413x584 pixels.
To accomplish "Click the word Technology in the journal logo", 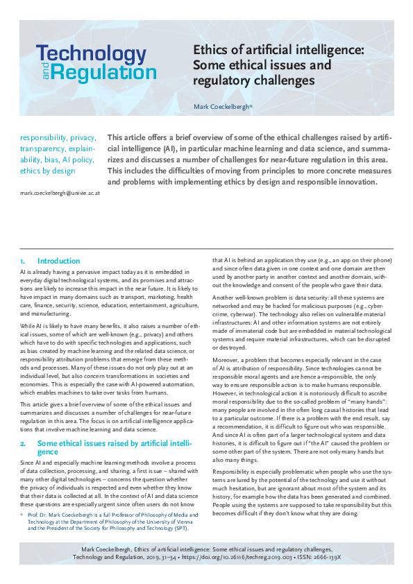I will (x=91, y=54).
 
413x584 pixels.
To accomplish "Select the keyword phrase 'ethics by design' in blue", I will (x=47, y=171).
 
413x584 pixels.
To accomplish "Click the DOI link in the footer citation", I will (x=236, y=556).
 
